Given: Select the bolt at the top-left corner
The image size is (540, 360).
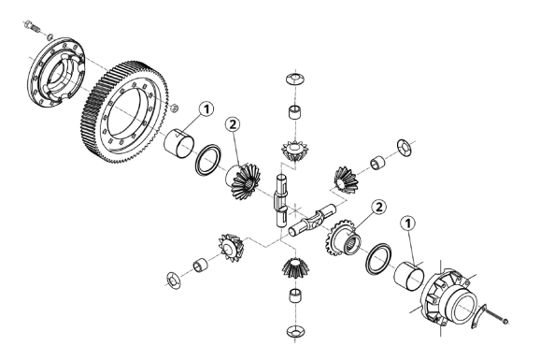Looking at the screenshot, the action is click(x=32, y=26).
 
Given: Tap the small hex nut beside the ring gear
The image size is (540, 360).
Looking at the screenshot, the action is click(x=175, y=108).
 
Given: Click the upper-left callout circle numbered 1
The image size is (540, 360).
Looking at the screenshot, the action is click(x=206, y=109).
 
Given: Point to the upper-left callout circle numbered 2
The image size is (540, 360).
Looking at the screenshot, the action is click(x=233, y=124).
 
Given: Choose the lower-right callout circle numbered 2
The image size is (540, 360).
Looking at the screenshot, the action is click(x=378, y=208).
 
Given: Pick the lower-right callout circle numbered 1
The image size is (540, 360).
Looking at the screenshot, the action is click(x=407, y=223).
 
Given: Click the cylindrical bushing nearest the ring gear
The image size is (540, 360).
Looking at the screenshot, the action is click(x=178, y=143).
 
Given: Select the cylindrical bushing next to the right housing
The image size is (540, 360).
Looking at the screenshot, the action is click(x=409, y=276).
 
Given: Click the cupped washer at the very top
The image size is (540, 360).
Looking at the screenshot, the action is click(x=295, y=79).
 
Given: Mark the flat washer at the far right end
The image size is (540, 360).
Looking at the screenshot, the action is click(x=405, y=148).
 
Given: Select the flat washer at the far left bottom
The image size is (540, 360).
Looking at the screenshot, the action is click(x=174, y=281).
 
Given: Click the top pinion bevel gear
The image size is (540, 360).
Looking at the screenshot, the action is click(x=295, y=151).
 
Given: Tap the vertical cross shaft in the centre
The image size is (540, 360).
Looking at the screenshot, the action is click(x=280, y=200).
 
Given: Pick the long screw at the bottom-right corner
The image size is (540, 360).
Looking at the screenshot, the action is click(x=497, y=316).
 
